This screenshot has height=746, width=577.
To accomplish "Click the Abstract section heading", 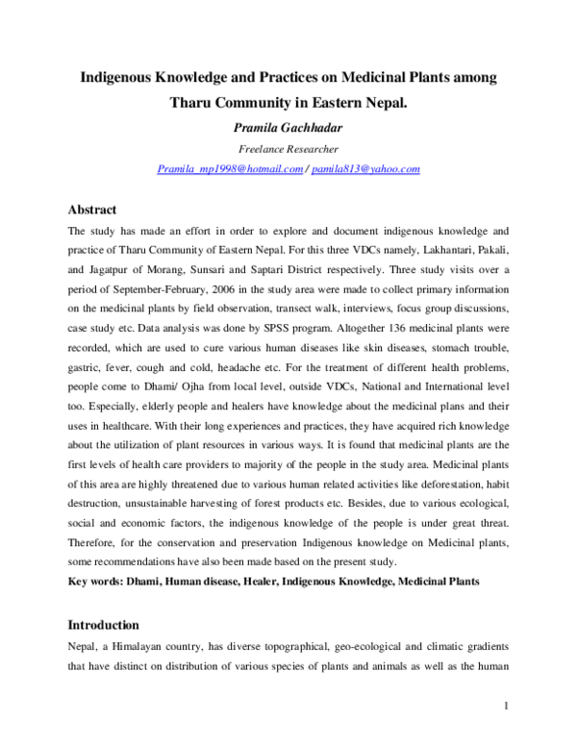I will coord(91,210).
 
